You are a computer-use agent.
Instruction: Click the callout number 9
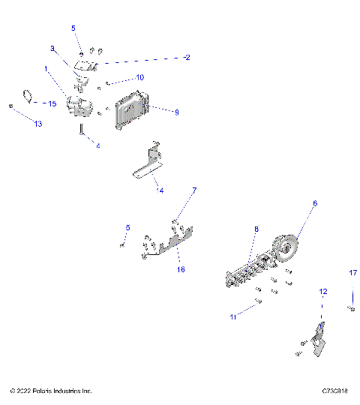(x=176, y=112)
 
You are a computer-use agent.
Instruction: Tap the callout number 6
(x=315, y=203)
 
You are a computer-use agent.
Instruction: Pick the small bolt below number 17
(x=350, y=307)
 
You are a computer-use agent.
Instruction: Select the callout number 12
(x=323, y=290)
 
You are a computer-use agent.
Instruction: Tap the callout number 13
(x=38, y=124)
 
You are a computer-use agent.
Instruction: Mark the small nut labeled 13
(x=11, y=106)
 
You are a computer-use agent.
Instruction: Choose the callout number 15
(x=52, y=103)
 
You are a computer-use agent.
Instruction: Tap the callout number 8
(x=256, y=229)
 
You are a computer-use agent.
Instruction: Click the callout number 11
(x=233, y=317)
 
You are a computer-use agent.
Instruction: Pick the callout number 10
(x=139, y=78)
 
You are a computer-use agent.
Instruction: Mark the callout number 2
(x=187, y=57)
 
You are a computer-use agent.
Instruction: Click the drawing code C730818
(x=334, y=391)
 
